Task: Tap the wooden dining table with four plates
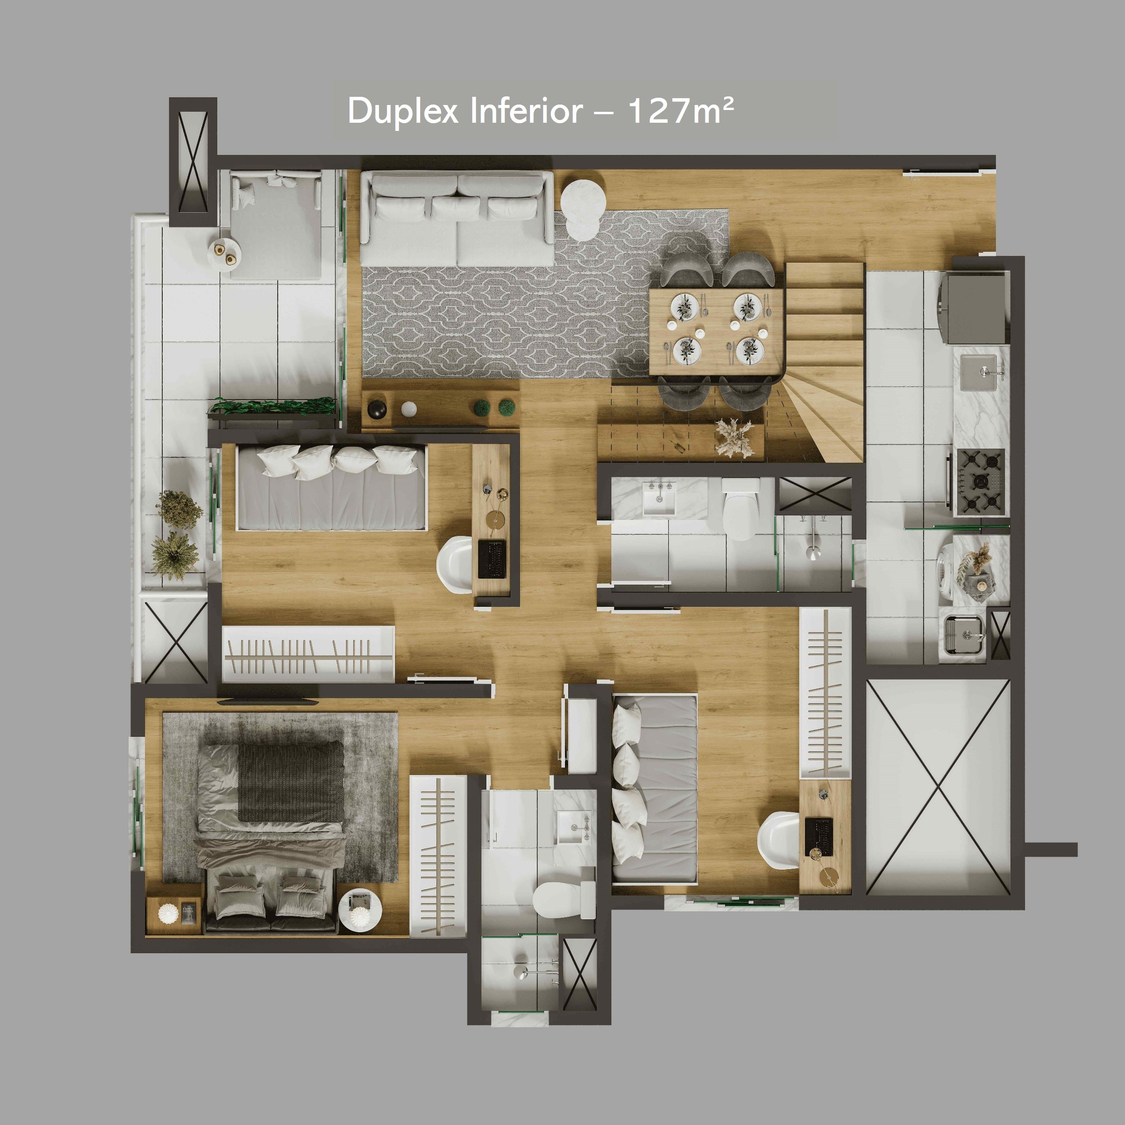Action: (717, 332)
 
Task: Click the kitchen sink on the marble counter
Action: (978, 372)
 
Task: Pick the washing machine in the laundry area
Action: (946, 570)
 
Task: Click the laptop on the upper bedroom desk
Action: (492, 559)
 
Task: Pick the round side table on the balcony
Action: (225, 253)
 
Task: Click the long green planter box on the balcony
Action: (272, 407)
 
